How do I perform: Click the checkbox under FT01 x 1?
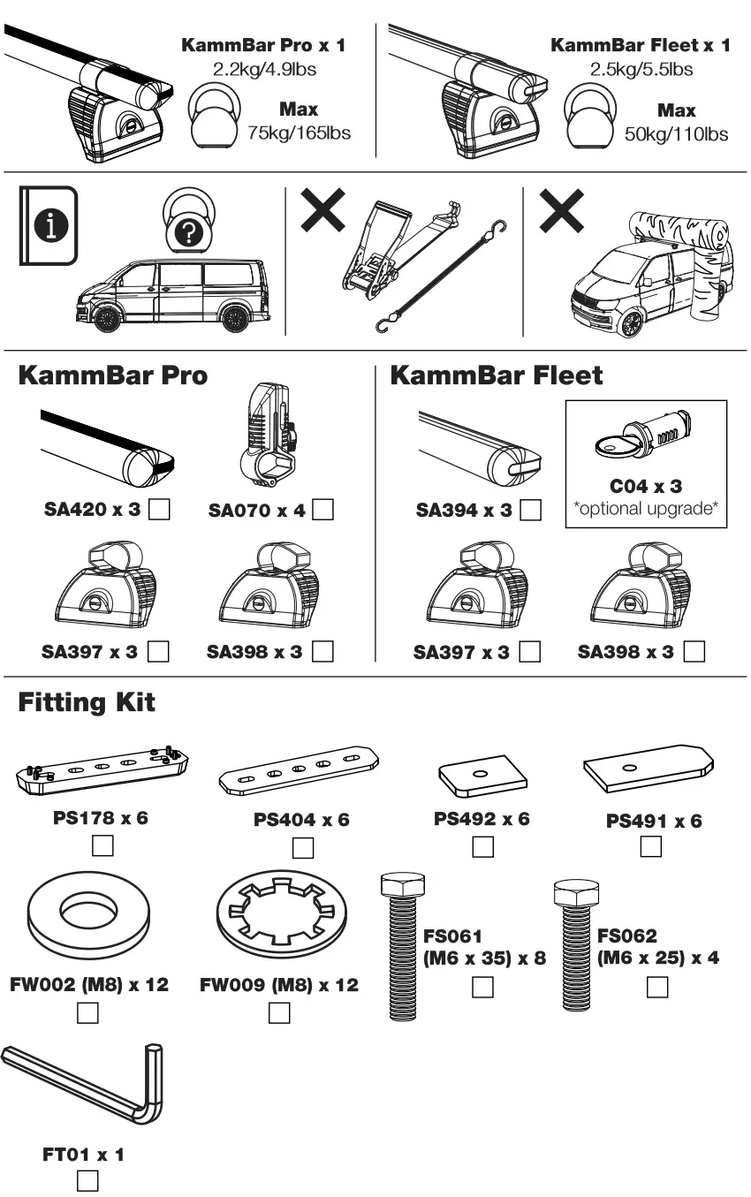click(87, 1181)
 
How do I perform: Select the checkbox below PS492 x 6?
click(482, 847)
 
